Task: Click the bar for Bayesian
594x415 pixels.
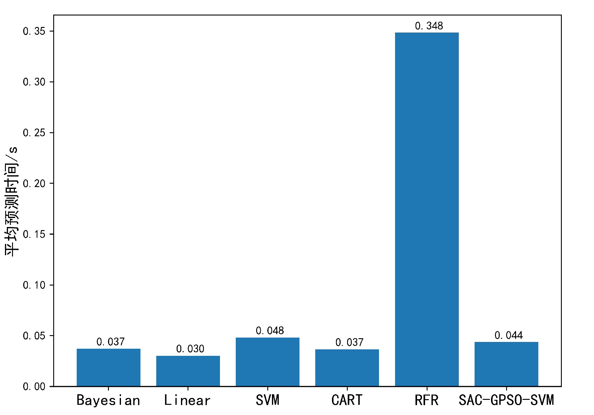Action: pos(109,367)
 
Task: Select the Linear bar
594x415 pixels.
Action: pos(188,371)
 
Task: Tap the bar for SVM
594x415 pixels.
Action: pos(268,362)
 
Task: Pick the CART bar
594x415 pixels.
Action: pos(347,368)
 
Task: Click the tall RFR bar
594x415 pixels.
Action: pos(427,209)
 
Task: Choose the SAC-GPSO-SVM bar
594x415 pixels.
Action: pos(506,364)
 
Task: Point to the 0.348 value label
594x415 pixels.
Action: pos(429,26)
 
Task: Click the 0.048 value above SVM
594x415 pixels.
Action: pos(270,331)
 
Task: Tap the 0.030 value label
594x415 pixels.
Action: pos(190,349)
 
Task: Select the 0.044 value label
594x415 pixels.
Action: pos(509,335)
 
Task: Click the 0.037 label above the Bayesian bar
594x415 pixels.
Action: pos(110,342)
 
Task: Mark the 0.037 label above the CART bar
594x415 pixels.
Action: pos(349,343)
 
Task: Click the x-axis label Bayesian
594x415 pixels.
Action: pos(108,400)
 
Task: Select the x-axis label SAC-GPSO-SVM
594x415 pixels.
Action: pos(506,400)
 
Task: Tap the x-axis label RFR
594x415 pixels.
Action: pos(427,400)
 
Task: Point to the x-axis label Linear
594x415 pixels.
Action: pos(187,400)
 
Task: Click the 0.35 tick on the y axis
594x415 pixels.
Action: pos(34,31)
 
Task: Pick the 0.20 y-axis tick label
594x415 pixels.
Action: pos(34,184)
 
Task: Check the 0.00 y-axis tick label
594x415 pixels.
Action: pos(34,387)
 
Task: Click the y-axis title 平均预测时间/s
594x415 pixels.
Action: pos(12,202)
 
